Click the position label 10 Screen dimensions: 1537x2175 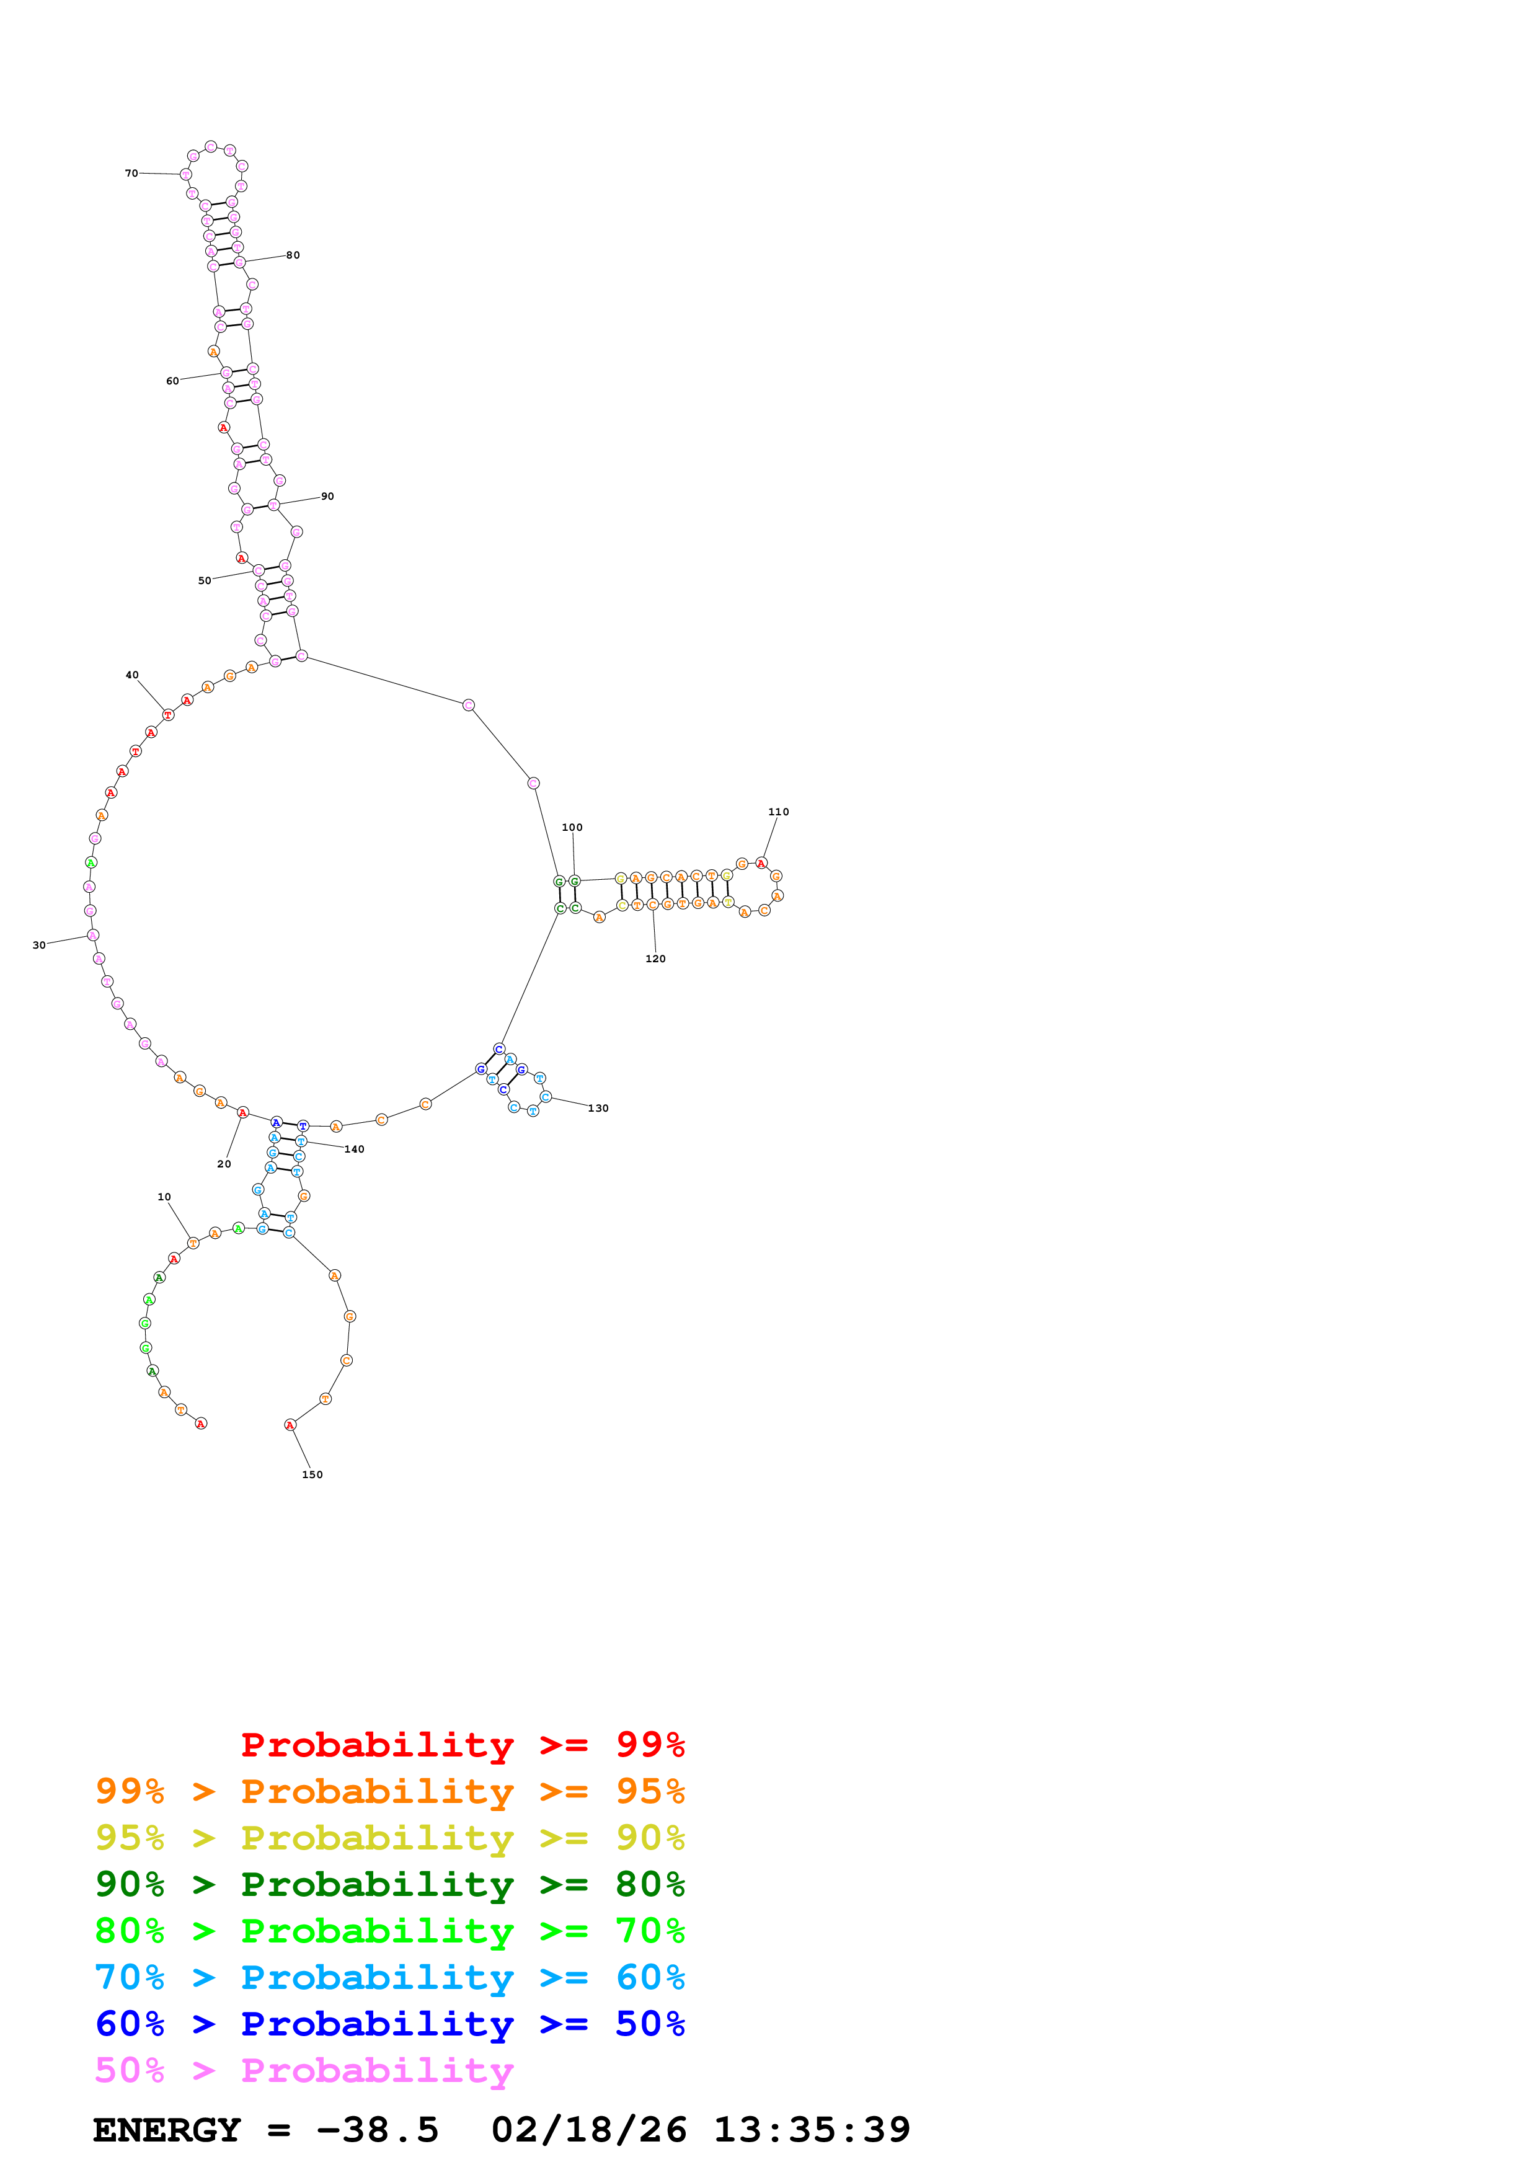pyautogui.click(x=164, y=1197)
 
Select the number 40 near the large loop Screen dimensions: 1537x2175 pyautogui.click(x=131, y=675)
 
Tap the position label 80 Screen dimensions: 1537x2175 pyautogui.click(x=293, y=255)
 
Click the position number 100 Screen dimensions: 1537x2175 pyautogui.click(x=572, y=827)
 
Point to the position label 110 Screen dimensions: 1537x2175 pyautogui.click(x=779, y=812)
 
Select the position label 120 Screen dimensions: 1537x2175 pyautogui.click(x=655, y=959)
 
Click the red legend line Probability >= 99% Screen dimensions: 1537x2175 pyautogui.click(x=462, y=1745)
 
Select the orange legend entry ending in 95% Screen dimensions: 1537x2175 pyautogui.click(x=389, y=1791)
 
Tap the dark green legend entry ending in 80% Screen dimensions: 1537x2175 pyautogui.click(x=389, y=1884)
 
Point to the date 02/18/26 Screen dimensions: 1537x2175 pyautogui.click(x=588, y=2130)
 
